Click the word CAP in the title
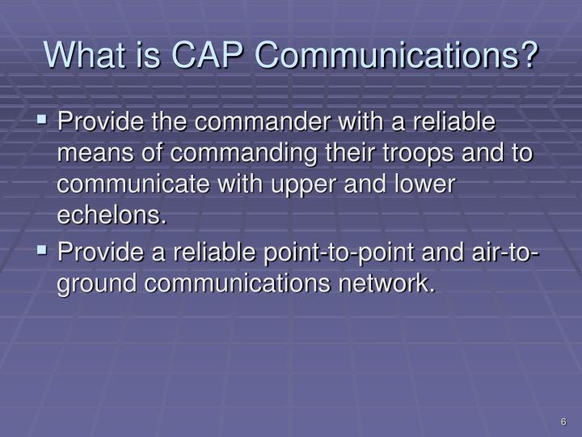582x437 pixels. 207,54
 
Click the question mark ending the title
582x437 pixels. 526,54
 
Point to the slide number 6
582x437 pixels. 563,422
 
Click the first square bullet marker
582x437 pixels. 42,119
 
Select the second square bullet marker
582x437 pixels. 42,250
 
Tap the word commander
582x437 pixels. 263,121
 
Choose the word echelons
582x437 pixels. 112,215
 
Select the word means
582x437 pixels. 95,153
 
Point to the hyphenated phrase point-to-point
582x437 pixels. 339,252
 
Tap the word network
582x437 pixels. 386,283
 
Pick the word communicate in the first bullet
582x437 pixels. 133,184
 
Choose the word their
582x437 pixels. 349,153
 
